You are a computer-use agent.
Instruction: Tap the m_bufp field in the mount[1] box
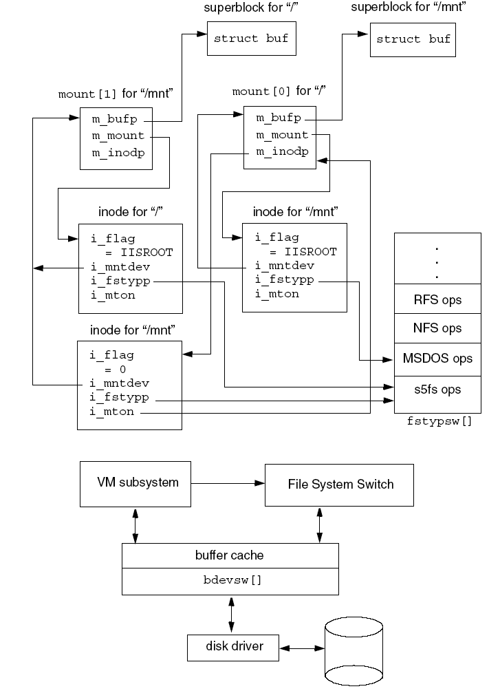[x=114, y=120]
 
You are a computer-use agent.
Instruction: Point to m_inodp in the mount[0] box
[x=282, y=152]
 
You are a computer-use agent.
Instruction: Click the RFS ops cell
[x=437, y=300]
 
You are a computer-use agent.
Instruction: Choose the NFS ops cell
[x=437, y=328]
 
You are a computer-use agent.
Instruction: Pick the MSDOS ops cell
[x=437, y=359]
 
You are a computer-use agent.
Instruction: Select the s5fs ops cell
[x=437, y=390]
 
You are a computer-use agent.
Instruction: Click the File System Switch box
[x=340, y=485]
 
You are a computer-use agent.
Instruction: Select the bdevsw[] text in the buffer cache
[x=230, y=580]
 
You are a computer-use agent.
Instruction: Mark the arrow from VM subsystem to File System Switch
[x=228, y=484]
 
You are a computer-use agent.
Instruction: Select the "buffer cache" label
[x=229, y=555]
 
